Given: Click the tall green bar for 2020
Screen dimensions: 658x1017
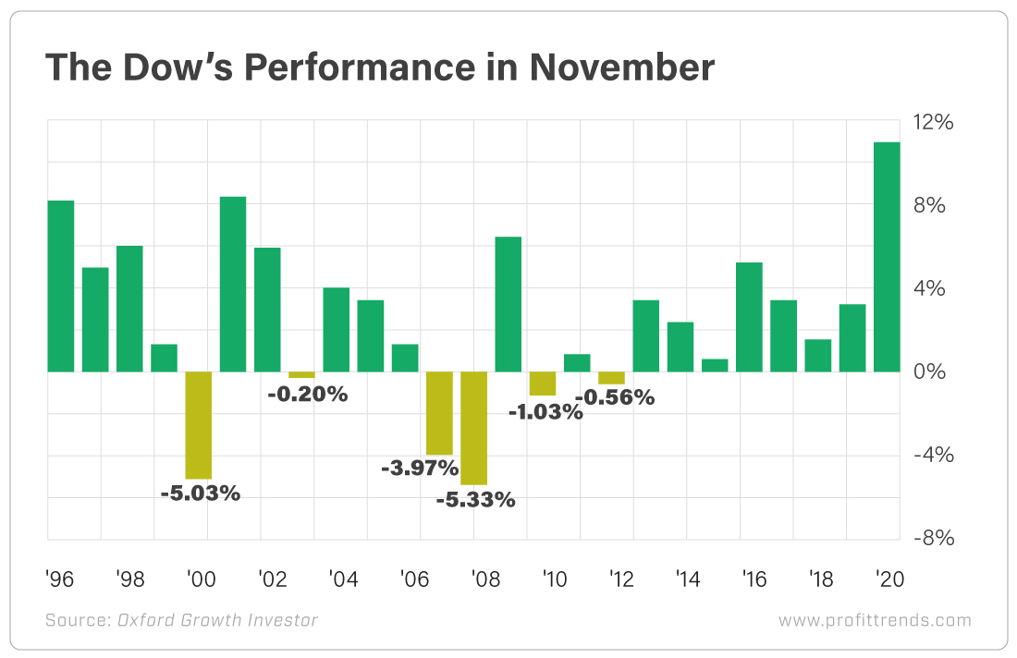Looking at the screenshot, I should point(887,257).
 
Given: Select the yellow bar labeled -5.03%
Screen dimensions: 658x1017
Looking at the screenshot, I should point(199,425).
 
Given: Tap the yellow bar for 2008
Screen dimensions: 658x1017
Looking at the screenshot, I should point(473,428).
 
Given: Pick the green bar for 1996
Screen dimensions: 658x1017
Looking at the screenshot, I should point(61,286).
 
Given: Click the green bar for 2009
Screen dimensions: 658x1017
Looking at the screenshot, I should point(508,304).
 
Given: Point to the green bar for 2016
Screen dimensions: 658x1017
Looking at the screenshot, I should point(749,317).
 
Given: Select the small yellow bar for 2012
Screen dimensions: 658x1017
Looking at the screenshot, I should point(611,378).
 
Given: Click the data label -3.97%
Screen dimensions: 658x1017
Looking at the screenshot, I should point(419,469).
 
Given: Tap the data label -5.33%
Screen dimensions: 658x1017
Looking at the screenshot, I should point(476,501).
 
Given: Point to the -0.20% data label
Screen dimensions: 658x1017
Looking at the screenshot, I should point(307,395).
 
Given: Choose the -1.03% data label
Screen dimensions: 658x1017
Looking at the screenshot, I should point(545,412).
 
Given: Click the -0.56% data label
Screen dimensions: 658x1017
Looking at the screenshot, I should point(615,397).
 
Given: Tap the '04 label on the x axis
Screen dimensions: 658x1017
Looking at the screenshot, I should point(344,579).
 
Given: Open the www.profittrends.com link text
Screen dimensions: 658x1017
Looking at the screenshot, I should point(875,620).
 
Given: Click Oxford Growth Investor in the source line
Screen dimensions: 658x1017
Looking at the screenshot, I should point(217,620).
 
